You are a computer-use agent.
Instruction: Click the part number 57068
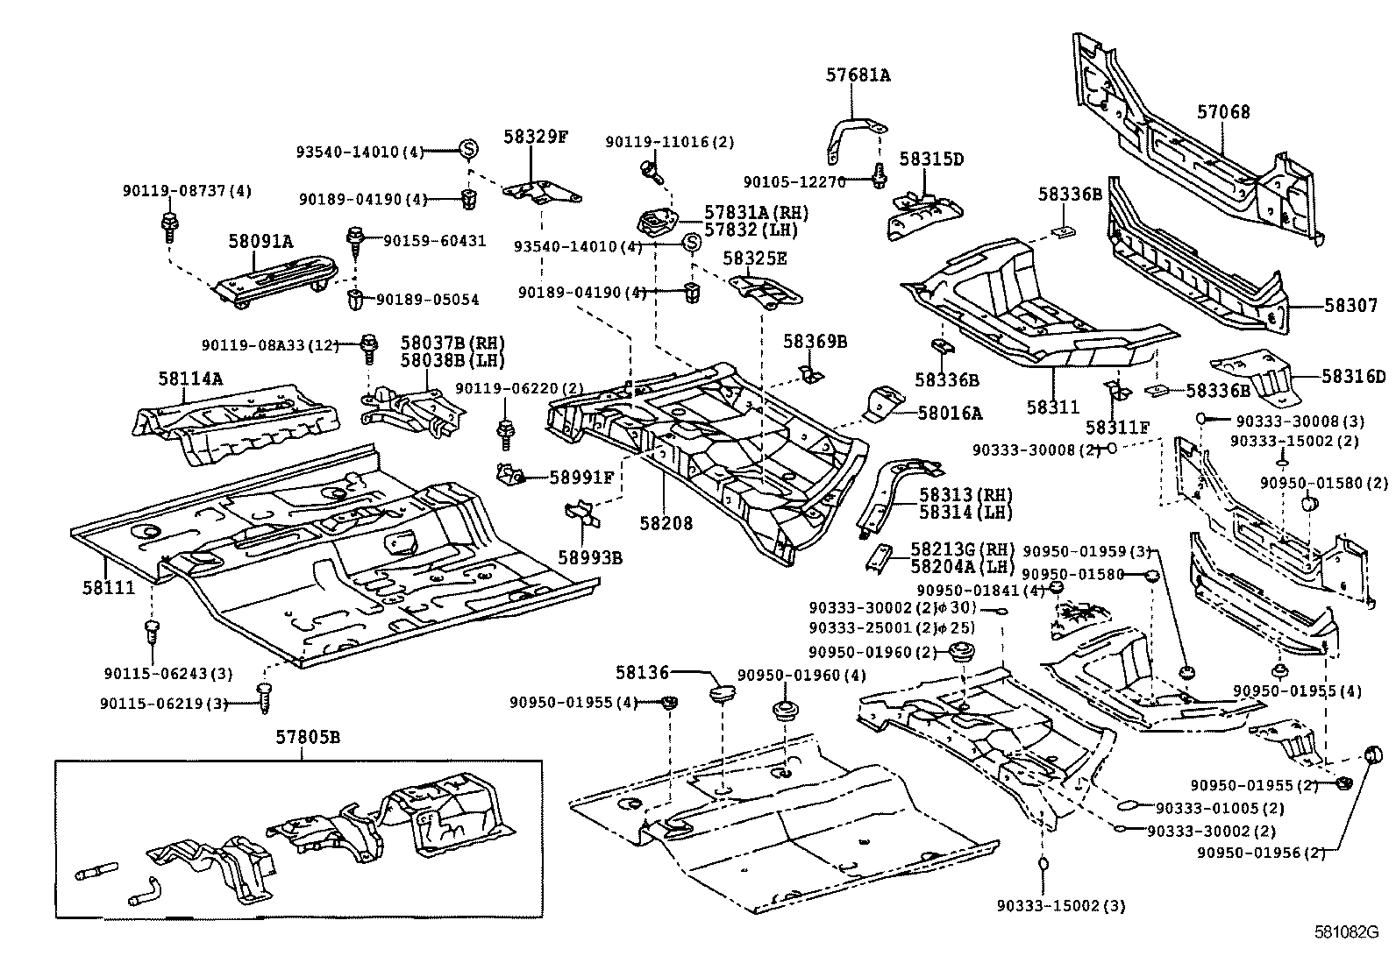[1223, 112]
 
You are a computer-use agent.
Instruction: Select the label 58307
[1350, 306]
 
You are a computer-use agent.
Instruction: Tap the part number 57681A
[857, 75]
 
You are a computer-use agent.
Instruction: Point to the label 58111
[110, 587]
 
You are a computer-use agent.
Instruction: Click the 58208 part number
[666, 523]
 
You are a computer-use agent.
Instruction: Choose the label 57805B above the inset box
[304, 737]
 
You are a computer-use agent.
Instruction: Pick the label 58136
[642, 673]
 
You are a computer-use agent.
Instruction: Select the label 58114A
[190, 379]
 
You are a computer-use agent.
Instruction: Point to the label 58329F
[536, 136]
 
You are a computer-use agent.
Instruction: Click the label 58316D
[1354, 377]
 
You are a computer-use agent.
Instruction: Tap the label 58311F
[1116, 427]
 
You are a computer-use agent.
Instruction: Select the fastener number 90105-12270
[794, 181]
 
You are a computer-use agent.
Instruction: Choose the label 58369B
[815, 342]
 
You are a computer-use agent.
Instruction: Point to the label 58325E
[755, 258]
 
